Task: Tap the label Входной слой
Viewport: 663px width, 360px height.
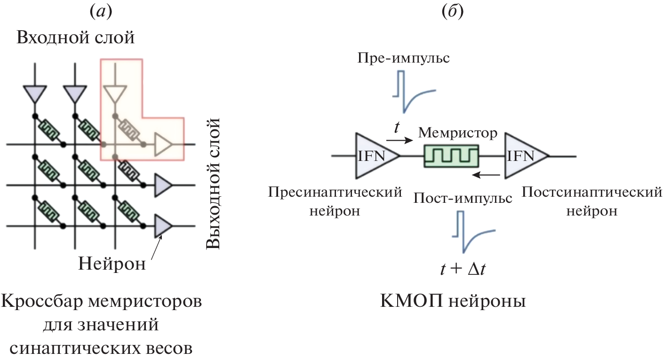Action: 75,38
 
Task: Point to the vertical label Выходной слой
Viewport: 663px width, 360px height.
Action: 214,184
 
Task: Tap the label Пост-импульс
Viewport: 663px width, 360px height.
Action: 463,198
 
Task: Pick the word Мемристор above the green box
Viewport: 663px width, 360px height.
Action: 457,133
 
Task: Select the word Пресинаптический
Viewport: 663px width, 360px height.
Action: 335,192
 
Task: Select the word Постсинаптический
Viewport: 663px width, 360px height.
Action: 591,192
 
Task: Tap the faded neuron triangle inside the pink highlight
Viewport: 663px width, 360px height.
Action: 163,144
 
